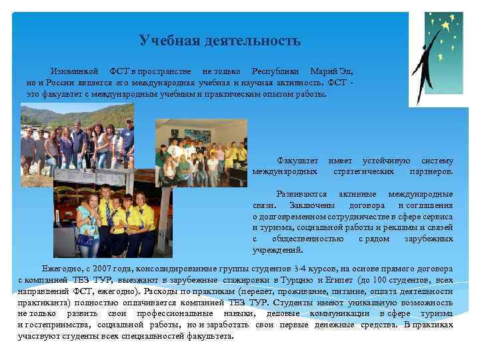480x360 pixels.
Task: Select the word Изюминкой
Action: click(74, 71)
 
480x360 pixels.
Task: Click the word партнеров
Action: click(431, 171)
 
